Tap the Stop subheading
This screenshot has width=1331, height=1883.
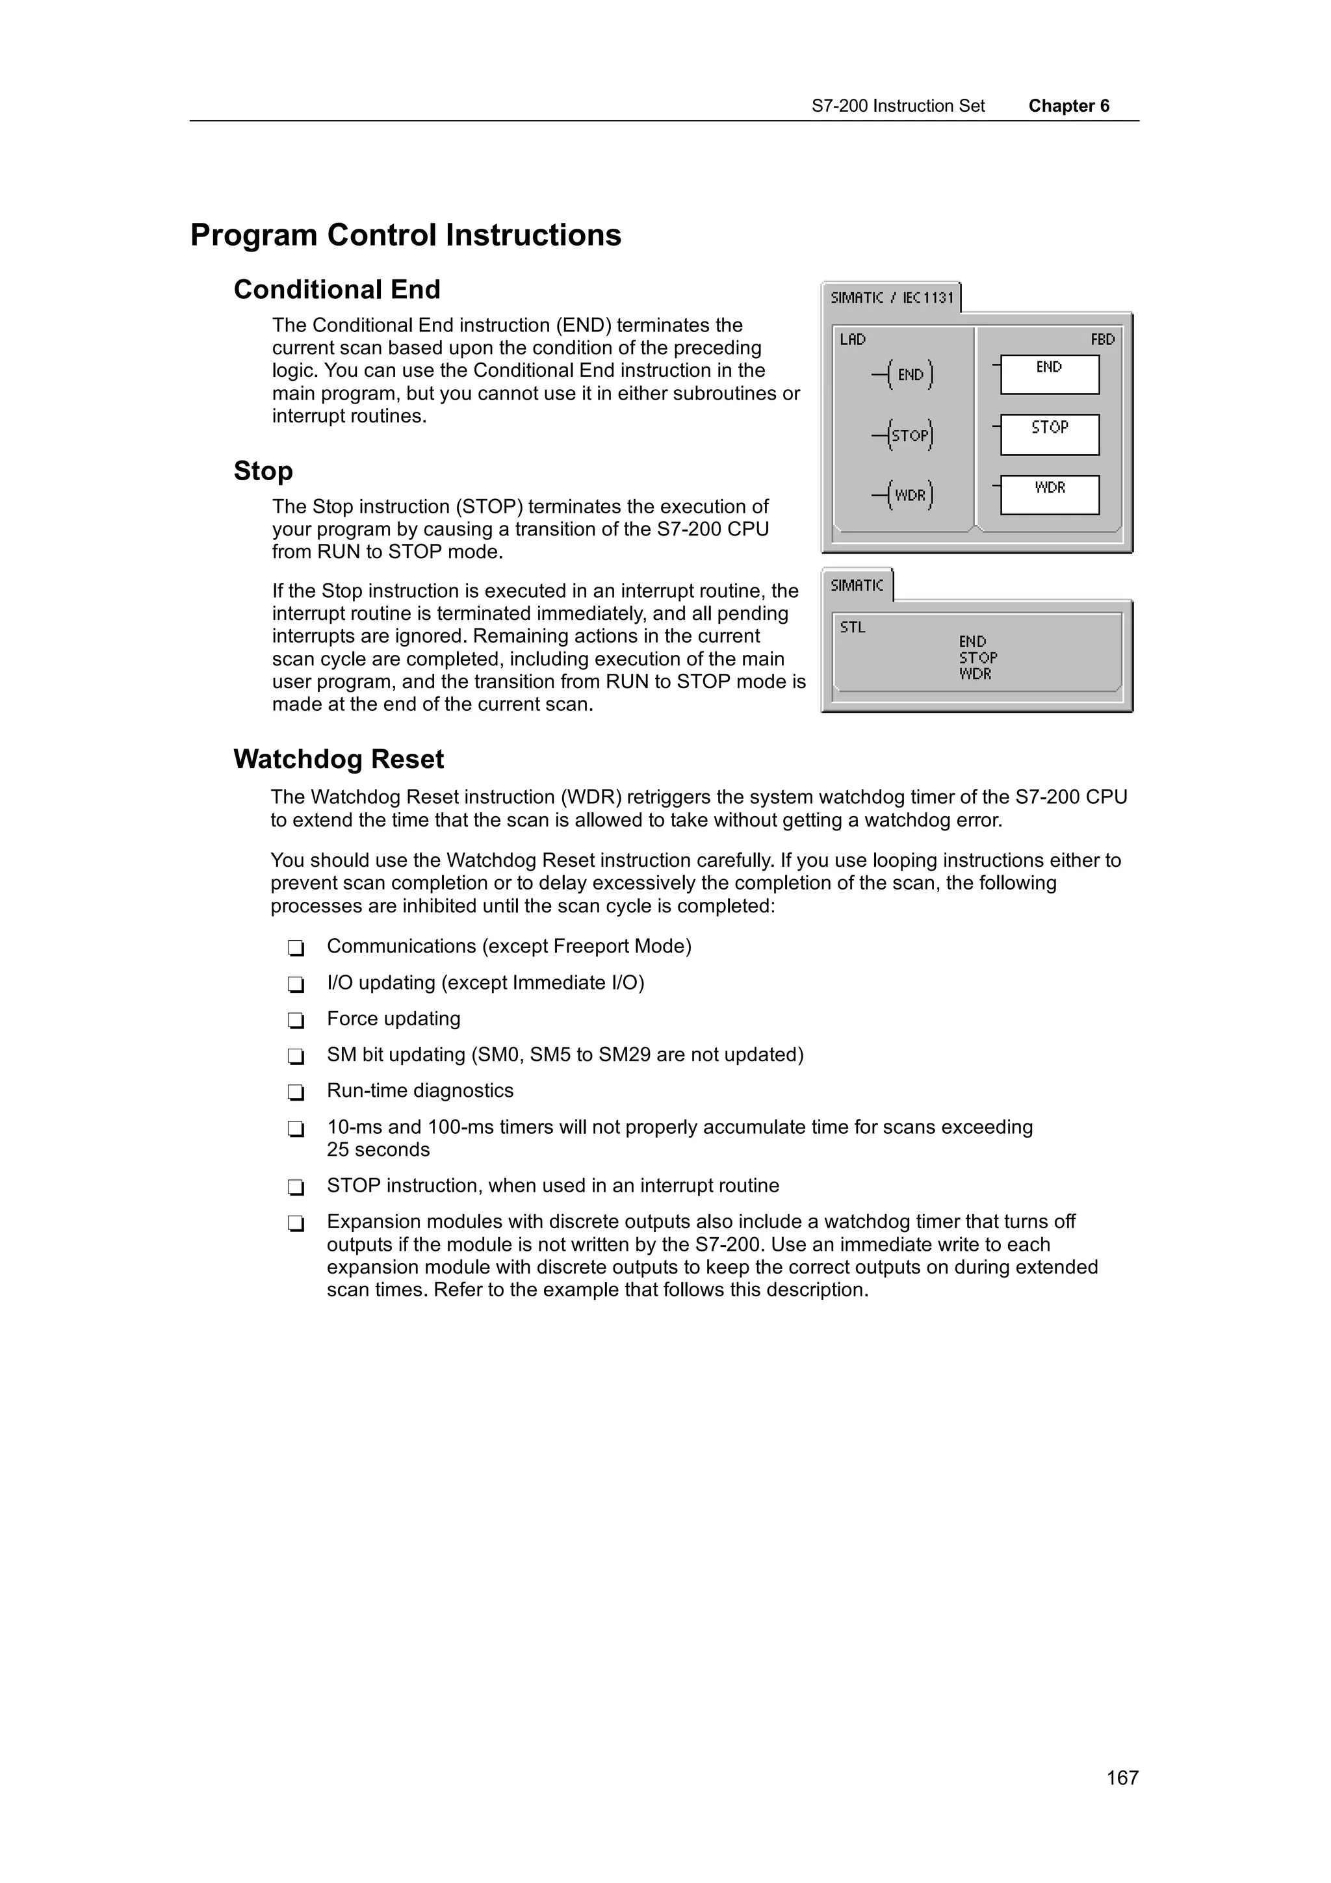pyautogui.click(x=263, y=470)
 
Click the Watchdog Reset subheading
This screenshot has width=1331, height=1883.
pyautogui.click(x=338, y=760)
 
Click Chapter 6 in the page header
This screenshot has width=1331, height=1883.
pyautogui.click(x=1068, y=106)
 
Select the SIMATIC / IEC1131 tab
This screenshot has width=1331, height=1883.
pyautogui.click(x=892, y=298)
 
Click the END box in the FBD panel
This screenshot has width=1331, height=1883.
pyautogui.click(x=1049, y=375)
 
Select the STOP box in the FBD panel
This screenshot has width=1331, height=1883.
pyautogui.click(x=1049, y=435)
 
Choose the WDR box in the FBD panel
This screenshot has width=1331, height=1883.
pyautogui.click(x=1049, y=495)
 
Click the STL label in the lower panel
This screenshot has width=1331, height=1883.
pyautogui.click(x=852, y=628)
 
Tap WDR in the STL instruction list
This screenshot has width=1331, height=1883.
pyautogui.click(x=975, y=674)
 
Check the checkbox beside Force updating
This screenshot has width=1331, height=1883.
pyautogui.click(x=296, y=1020)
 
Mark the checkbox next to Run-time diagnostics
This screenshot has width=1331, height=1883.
pyautogui.click(x=296, y=1092)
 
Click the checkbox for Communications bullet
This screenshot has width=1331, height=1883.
pyautogui.click(x=296, y=948)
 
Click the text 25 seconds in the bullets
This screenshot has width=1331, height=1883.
pyautogui.click(x=378, y=1150)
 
